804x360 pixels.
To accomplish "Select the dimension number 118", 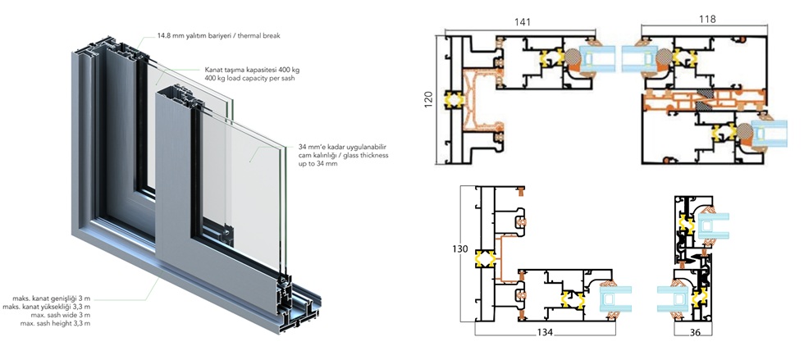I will coord(707,19).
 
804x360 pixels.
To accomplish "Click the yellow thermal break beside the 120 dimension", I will coord(450,99).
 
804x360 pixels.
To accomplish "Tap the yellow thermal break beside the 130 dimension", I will coord(485,259).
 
